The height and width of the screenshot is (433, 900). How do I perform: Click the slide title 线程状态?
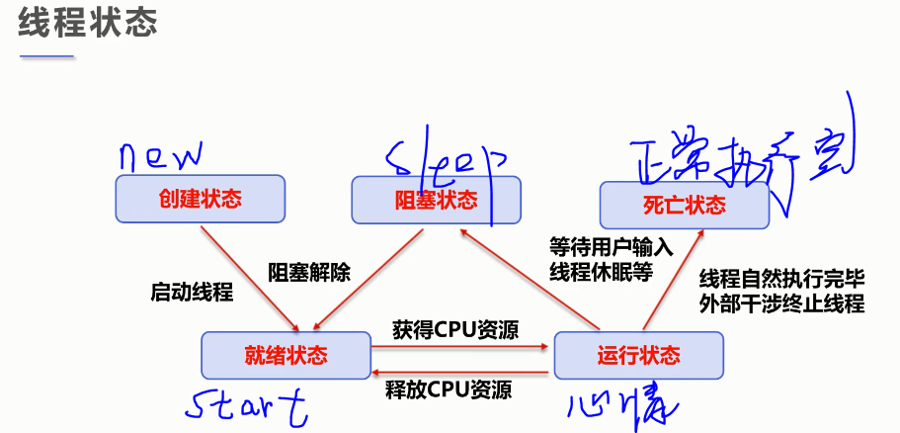87,25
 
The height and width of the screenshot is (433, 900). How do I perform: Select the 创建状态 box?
199,199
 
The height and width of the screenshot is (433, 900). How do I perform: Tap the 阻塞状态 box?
436,201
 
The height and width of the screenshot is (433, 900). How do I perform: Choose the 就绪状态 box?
285,354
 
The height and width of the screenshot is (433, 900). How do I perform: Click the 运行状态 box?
638,355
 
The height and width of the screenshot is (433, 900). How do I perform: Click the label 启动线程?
192,293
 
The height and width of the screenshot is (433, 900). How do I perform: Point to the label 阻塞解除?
309,271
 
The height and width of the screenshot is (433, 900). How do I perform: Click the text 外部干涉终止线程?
780,303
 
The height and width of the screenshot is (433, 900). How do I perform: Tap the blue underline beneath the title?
47,56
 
